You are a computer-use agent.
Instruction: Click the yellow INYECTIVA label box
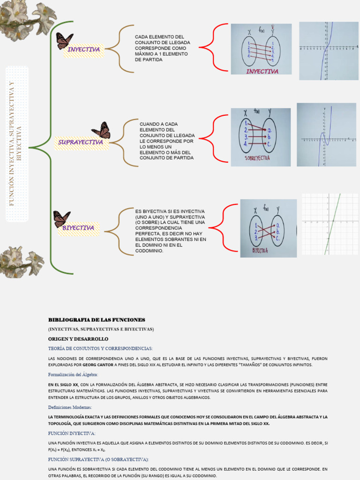pos(83,50)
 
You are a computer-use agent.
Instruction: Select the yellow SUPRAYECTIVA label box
pos(81,142)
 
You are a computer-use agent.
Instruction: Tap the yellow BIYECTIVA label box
pos(78,228)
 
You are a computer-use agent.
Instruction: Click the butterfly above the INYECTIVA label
pos(64,40)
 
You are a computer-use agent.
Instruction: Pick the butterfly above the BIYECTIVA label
pos(61,218)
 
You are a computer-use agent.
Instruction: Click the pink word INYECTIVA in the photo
pos(262,72)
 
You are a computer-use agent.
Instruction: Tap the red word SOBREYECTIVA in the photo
pos(257,159)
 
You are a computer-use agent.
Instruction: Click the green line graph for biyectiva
pos(329,224)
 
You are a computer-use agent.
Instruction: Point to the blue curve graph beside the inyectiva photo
pos(329,51)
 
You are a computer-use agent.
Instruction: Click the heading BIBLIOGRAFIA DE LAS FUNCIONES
pos(97,320)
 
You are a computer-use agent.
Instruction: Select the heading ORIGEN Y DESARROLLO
pos(78,338)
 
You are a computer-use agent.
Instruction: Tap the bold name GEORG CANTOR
pos(98,364)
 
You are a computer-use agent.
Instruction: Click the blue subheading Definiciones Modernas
pos(70,407)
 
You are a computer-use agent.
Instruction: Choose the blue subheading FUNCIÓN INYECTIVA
pos(72,434)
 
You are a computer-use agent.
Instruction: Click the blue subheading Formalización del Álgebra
pos(73,375)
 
